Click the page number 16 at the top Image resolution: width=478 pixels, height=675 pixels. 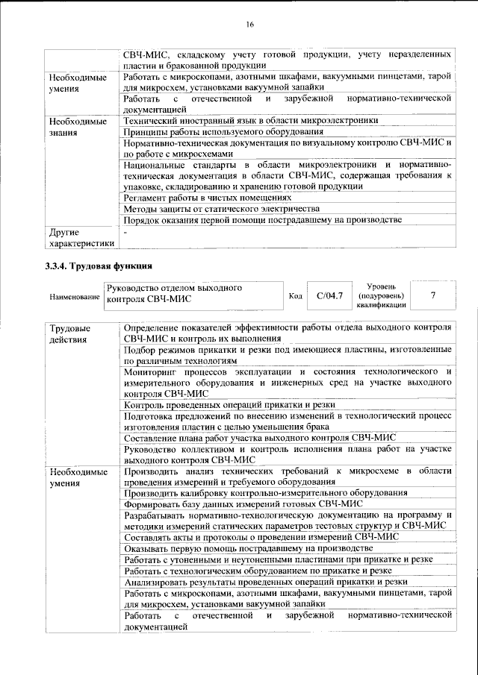(250, 24)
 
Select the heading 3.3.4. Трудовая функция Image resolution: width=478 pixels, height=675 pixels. (99, 265)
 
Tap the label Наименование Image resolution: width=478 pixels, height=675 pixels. (75, 298)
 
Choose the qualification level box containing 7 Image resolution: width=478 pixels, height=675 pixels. (433, 296)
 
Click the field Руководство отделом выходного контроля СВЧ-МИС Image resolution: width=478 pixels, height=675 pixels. (193, 293)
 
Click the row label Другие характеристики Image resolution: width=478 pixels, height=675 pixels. (81, 237)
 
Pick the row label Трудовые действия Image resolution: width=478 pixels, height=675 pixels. (69, 334)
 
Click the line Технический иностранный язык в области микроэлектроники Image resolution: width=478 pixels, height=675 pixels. (251, 119)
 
